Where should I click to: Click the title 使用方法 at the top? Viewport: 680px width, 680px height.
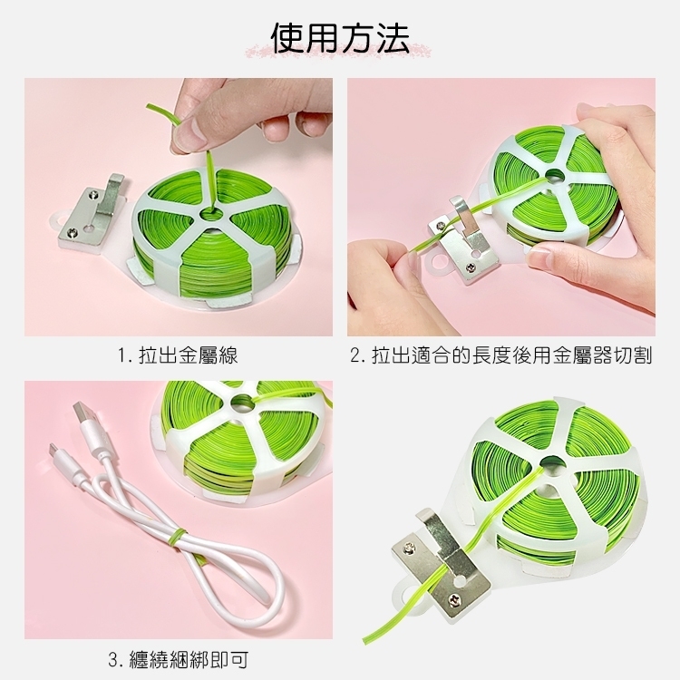click(340, 38)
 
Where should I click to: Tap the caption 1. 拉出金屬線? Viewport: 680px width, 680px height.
click(179, 355)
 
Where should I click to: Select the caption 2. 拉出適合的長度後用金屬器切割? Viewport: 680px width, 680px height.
click(500, 355)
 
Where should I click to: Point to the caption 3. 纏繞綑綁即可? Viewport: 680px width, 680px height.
click(179, 659)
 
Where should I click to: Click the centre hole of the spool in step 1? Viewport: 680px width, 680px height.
click(210, 214)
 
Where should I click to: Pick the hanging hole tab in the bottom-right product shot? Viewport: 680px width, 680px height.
click(404, 593)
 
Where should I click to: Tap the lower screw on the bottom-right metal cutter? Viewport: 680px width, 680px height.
click(456, 601)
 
